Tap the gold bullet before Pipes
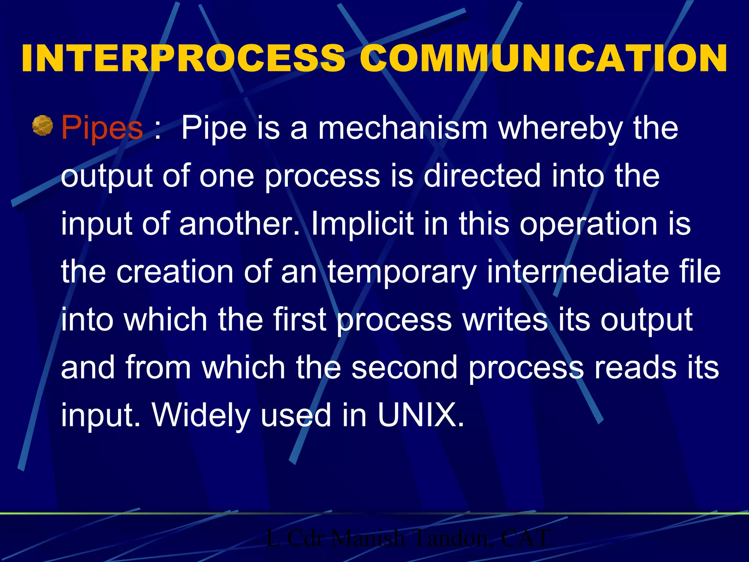click(x=43, y=125)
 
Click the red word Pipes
click(x=102, y=128)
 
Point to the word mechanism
click(x=403, y=128)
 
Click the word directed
click(x=482, y=176)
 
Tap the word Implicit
click(x=362, y=224)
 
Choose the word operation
click(x=588, y=224)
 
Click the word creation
click(x=175, y=272)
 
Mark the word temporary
click(x=402, y=272)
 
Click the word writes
click(x=505, y=320)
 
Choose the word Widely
click(x=201, y=416)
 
